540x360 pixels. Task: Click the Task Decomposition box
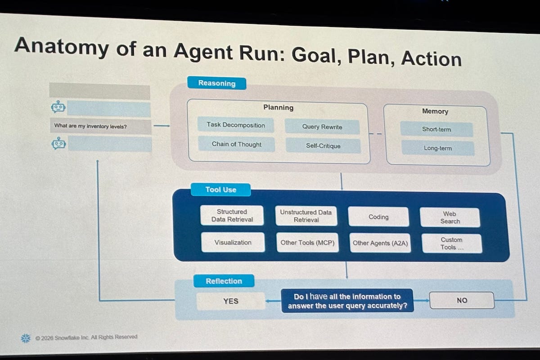point(235,125)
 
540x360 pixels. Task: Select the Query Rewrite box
point(322,127)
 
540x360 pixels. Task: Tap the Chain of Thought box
point(236,144)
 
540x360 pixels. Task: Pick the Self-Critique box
point(323,146)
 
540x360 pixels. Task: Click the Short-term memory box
point(436,129)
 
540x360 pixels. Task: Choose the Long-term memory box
point(437,148)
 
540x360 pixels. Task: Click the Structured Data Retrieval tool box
point(232,216)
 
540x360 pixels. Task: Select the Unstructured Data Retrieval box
point(306,216)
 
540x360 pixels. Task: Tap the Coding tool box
point(378,217)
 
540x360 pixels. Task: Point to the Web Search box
point(450,217)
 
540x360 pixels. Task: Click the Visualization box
point(233,242)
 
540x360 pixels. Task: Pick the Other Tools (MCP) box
point(307,243)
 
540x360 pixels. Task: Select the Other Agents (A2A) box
point(380,243)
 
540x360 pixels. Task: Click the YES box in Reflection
point(230,301)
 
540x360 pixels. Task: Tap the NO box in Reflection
point(462,300)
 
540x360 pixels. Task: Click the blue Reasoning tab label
point(216,83)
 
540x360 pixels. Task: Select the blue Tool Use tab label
point(220,189)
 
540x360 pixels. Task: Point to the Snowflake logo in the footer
point(26,338)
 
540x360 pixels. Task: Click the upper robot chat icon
point(58,107)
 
